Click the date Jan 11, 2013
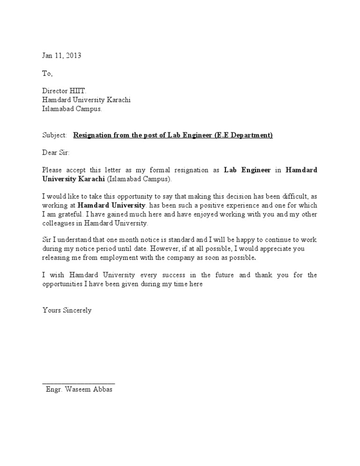pyautogui.click(x=61, y=55)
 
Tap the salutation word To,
pyautogui.click(x=48, y=74)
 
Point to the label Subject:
pyautogui.click(x=55, y=135)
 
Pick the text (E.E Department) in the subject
pyautogui.click(x=243, y=135)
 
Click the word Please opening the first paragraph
pyautogui.click(x=52, y=170)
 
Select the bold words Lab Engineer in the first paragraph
pyautogui.click(x=247, y=170)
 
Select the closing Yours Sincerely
pyautogui.click(x=67, y=310)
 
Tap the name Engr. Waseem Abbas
pyautogui.click(x=79, y=390)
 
